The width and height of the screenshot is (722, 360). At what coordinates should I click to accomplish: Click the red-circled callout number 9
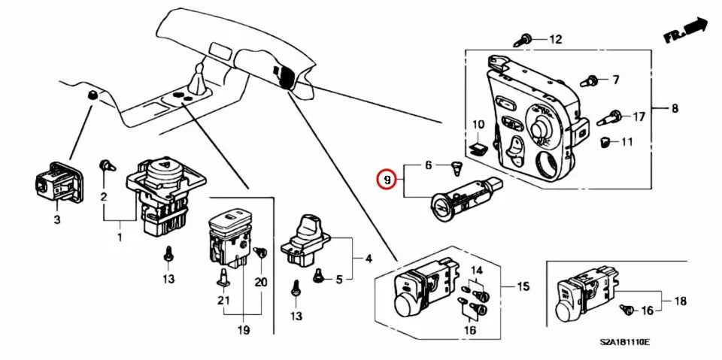(386, 180)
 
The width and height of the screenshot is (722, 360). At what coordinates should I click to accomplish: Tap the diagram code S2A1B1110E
(624, 343)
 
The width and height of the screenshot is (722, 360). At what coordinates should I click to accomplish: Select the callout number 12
(555, 39)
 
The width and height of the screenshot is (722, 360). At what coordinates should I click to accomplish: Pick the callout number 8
(675, 108)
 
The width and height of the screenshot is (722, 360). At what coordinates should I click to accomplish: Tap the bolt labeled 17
(612, 117)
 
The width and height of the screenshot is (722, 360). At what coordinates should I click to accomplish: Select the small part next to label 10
(476, 147)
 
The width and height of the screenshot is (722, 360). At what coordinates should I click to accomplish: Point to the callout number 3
(56, 219)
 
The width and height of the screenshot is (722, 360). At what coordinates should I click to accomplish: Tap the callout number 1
(119, 238)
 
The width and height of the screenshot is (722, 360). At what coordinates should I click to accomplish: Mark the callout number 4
(369, 259)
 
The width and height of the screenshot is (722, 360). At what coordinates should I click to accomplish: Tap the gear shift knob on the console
(198, 77)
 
